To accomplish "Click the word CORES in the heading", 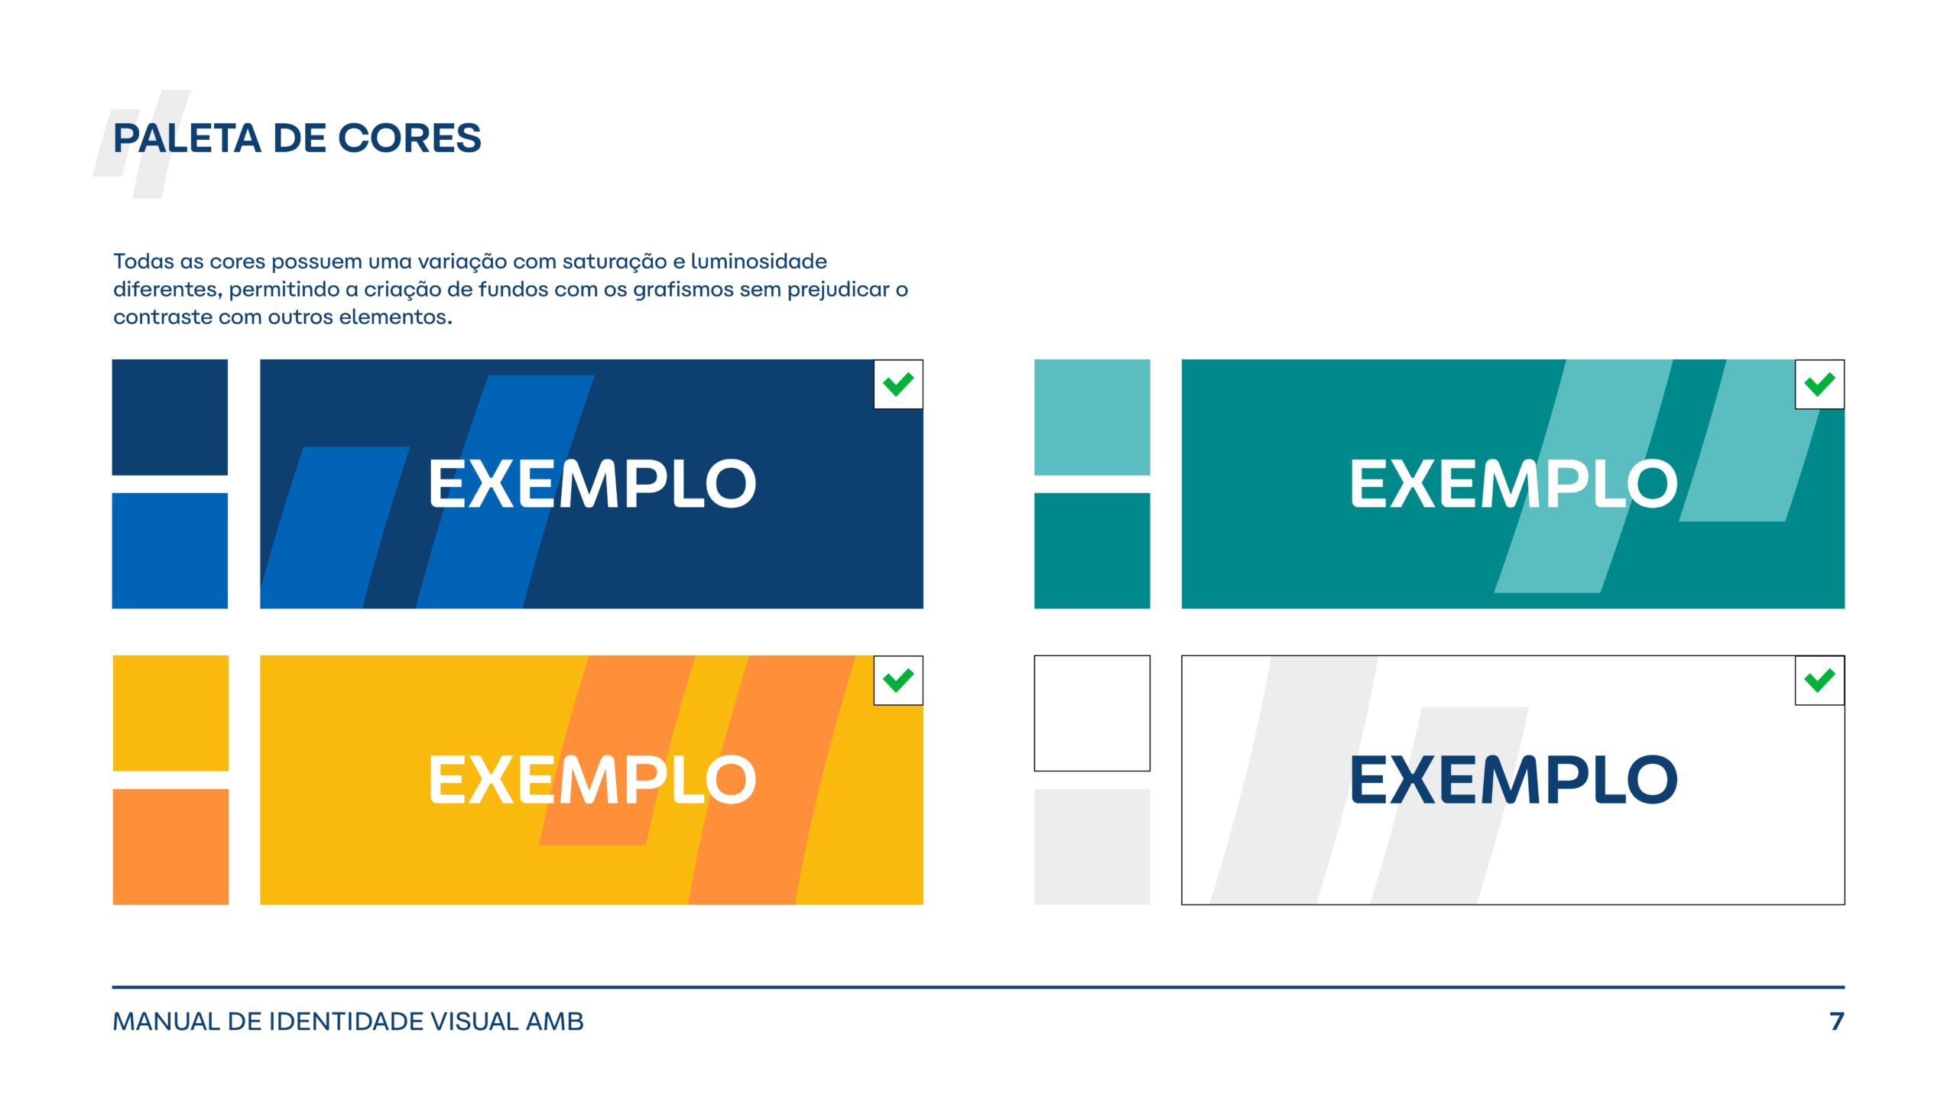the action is click(409, 138).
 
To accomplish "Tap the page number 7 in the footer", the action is click(1837, 1021).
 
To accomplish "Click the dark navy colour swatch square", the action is click(170, 417).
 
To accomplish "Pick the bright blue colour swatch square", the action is click(170, 550).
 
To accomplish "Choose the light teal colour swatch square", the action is click(1092, 417).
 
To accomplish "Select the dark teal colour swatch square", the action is click(1092, 550).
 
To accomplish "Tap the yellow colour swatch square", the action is click(170, 713).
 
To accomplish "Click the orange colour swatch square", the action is click(170, 846).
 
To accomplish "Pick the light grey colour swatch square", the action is click(1092, 846).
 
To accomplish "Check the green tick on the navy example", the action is click(898, 385).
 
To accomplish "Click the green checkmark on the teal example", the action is click(1819, 385).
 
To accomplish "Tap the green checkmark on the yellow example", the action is click(898, 680).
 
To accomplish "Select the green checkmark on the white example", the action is click(1819, 680).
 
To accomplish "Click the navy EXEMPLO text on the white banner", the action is click(1514, 780).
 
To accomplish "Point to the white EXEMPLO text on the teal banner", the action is click(1514, 484).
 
